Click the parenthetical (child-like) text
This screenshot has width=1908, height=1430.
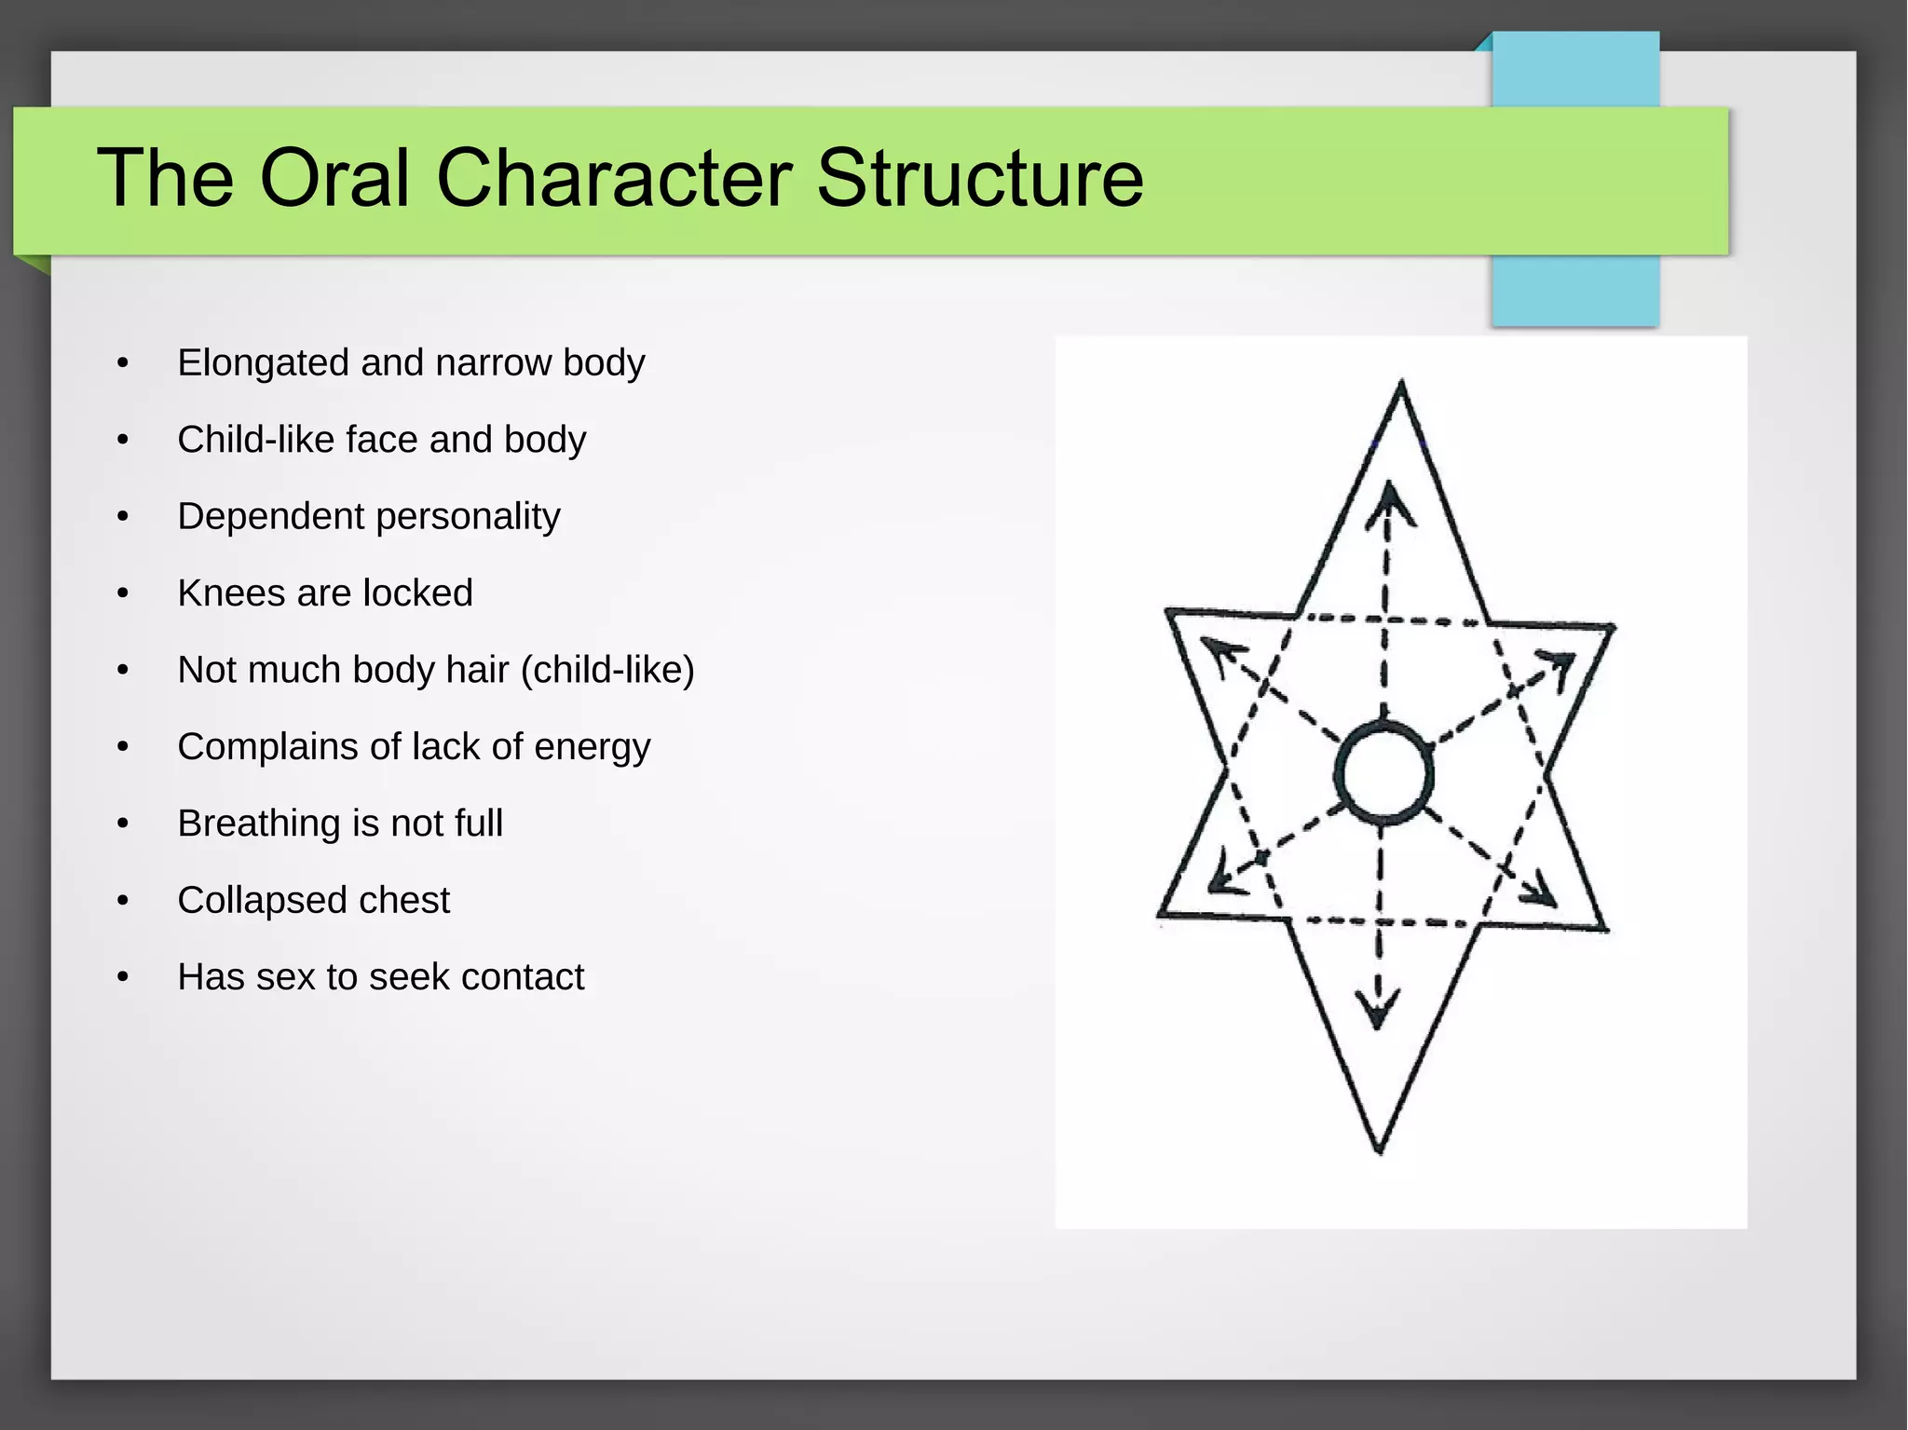pos(607,670)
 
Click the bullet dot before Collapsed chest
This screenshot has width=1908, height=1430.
pos(123,901)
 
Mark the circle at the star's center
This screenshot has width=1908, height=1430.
pos(1384,772)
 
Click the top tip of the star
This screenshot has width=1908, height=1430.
pos(1401,384)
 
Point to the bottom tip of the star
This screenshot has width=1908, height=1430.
pos(1380,1151)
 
